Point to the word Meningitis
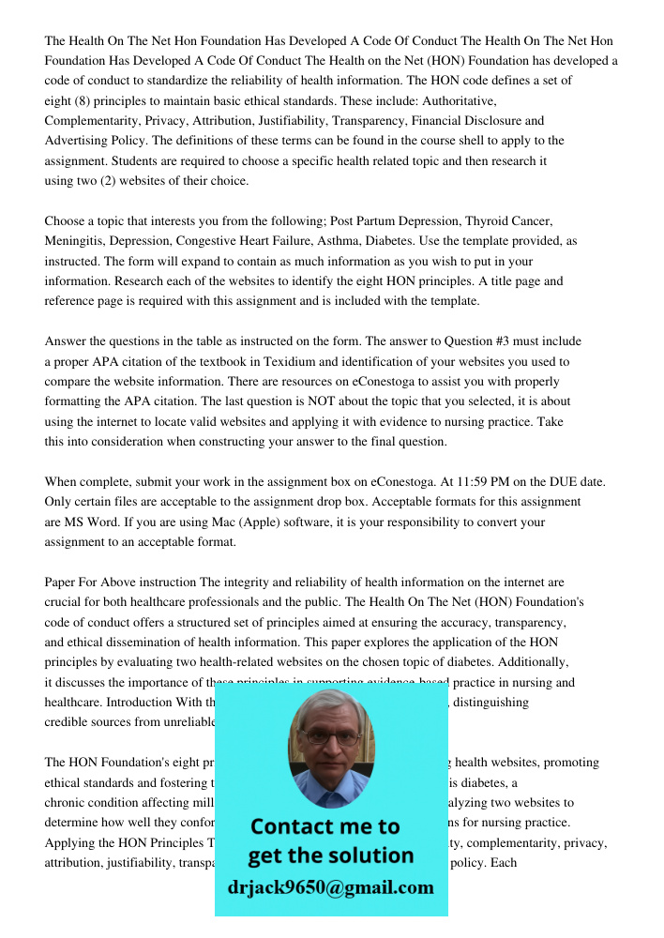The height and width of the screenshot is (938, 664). (x=76, y=241)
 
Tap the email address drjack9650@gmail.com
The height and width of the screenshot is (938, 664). (x=330, y=887)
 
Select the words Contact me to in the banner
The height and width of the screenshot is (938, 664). (x=324, y=826)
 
